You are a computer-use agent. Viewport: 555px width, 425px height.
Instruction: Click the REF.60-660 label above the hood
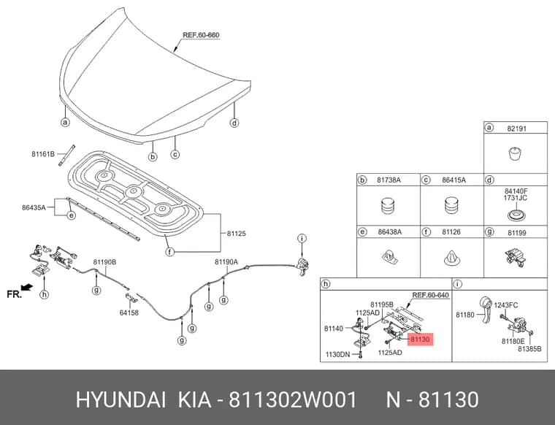[x=201, y=35]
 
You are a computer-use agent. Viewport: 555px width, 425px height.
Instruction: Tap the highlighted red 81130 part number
[x=420, y=340]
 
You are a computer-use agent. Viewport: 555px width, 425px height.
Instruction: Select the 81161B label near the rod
[x=43, y=154]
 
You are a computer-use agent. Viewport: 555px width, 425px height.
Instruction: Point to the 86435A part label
[x=34, y=207]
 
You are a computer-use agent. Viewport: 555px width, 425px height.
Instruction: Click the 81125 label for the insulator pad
[x=237, y=234]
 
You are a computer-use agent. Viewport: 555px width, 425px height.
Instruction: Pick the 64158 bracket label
[x=129, y=313]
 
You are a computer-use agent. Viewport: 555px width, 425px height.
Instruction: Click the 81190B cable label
[x=104, y=262]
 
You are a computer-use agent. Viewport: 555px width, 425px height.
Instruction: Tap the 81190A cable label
[x=226, y=262]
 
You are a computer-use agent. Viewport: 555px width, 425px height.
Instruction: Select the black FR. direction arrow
[x=27, y=287]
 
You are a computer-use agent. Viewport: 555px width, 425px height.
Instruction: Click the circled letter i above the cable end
[x=302, y=239]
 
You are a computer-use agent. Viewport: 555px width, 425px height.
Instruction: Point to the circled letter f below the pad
[x=170, y=253]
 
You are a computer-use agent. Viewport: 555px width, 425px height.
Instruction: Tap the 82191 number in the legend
[x=517, y=129]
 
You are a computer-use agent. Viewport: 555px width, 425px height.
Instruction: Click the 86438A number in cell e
[x=390, y=232]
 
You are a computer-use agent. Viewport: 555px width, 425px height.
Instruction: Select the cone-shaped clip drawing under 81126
[x=452, y=259]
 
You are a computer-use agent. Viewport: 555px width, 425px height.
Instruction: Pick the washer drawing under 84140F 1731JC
[x=515, y=215]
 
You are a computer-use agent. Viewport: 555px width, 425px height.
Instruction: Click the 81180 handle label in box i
[x=464, y=315]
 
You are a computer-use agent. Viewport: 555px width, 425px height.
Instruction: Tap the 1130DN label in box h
[x=337, y=354]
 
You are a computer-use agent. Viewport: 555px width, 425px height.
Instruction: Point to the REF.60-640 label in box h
[x=430, y=295]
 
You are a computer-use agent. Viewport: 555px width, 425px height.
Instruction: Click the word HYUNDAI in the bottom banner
[x=120, y=400]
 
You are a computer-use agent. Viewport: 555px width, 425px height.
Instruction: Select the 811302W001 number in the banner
[x=293, y=400]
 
